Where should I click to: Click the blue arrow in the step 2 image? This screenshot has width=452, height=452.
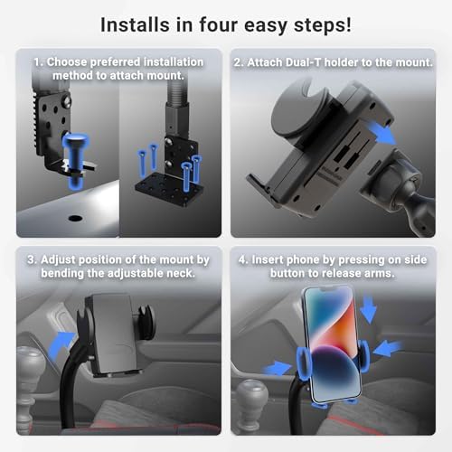coord(385,136)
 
